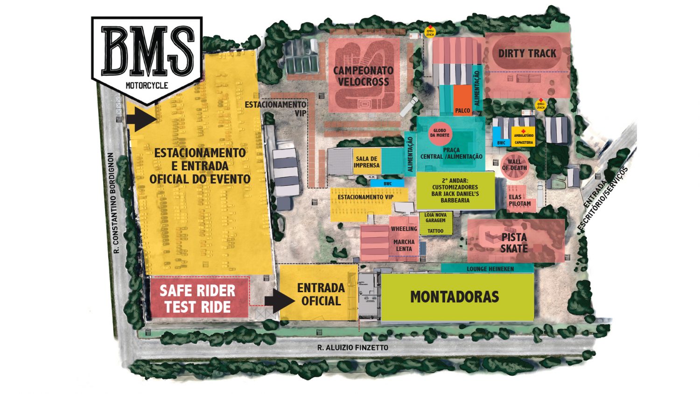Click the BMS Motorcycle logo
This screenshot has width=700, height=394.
tap(147, 56)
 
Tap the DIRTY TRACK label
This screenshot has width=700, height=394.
tap(527, 53)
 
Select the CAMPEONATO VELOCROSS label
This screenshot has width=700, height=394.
tap(363, 76)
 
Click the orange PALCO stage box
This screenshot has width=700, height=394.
tap(462, 100)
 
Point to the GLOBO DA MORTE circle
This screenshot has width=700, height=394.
tap(439, 133)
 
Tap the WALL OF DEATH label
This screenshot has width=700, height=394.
tap(514, 165)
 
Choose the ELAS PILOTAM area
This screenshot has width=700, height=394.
tap(519, 200)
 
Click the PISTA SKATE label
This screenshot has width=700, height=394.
tap(514, 243)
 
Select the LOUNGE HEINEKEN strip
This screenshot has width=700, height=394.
tap(490, 269)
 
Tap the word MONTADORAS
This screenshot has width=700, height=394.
tap(455, 297)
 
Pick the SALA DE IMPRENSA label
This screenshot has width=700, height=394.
tap(366, 162)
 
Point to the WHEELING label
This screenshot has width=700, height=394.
tap(404, 229)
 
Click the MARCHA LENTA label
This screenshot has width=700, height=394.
tap(404, 246)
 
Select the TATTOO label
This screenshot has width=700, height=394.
tap(435, 231)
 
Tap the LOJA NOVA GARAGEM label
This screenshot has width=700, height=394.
tap(435, 218)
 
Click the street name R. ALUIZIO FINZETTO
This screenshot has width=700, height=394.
tap(352, 347)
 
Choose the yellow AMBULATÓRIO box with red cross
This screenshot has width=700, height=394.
tap(523, 136)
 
